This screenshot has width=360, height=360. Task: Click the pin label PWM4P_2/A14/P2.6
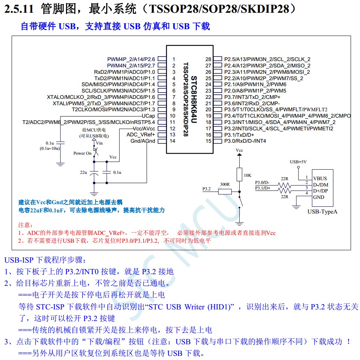[x=131, y=59]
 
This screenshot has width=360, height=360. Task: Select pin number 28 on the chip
[x=208, y=59]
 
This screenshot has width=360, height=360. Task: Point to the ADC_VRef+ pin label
[x=141, y=134]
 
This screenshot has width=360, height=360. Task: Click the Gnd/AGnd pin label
[x=142, y=141]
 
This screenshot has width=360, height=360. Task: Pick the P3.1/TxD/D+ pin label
[x=239, y=135]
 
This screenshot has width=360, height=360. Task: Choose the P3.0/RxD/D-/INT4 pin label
[x=245, y=141]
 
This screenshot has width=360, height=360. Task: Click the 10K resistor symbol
[x=239, y=175]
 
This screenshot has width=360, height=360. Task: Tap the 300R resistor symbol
[x=225, y=191]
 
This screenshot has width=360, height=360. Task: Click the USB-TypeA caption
[x=322, y=212]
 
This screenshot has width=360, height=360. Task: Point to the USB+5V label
[x=298, y=162]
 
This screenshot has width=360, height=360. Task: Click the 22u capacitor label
[x=83, y=172]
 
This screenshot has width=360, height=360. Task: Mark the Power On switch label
[x=82, y=153]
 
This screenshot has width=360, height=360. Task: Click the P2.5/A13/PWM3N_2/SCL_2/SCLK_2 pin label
[x=267, y=59]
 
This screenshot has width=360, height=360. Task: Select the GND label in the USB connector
[x=319, y=197]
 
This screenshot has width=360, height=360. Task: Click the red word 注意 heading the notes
[x=25, y=225]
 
